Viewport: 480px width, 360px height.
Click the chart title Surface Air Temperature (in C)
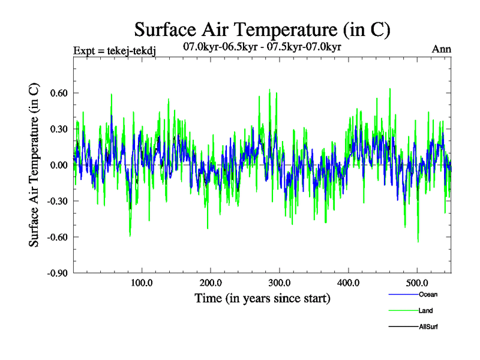pyautogui.click(x=262, y=29)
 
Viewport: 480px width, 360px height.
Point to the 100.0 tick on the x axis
pyautogui.click(x=142, y=283)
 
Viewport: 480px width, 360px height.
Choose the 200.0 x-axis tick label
pyautogui.click(x=211, y=283)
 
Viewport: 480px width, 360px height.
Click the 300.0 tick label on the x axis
pyautogui.click(x=280, y=283)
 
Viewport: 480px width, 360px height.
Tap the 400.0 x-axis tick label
pyautogui.click(x=349, y=283)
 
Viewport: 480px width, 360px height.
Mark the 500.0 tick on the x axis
pyautogui.click(x=418, y=283)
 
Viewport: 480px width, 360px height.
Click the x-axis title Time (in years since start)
pyautogui.click(x=262, y=298)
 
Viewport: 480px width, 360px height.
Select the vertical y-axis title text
pyautogui.click(x=35, y=165)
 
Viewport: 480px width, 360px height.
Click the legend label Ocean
pyautogui.click(x=427, y=294)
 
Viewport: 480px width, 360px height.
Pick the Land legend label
pyautogui.click(x=427, y=310)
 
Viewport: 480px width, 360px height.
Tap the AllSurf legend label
pyautogui.click(x=428, y=326)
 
